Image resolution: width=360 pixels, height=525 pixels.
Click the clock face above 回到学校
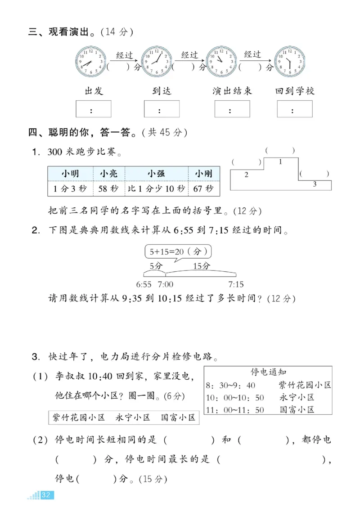290,62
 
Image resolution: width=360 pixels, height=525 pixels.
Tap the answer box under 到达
162,109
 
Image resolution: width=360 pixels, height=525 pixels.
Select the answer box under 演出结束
232,109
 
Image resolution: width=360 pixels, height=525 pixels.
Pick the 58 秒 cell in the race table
108,188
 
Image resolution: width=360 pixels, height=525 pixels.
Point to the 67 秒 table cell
203,188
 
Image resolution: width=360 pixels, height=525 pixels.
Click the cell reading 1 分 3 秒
70,188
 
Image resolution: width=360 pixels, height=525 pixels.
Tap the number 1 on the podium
281,162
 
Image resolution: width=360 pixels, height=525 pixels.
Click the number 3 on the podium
315,184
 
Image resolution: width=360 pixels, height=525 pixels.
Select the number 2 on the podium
246,175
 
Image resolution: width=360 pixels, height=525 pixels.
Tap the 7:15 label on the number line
236,284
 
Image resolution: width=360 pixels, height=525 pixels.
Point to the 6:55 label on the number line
144,284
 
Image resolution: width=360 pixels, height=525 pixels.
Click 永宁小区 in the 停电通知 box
297,397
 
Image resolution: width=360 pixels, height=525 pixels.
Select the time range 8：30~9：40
230,385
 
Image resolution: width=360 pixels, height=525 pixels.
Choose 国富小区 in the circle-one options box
178,417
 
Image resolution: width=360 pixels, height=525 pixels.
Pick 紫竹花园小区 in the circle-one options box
79,417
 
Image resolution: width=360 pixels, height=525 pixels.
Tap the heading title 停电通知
269,372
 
